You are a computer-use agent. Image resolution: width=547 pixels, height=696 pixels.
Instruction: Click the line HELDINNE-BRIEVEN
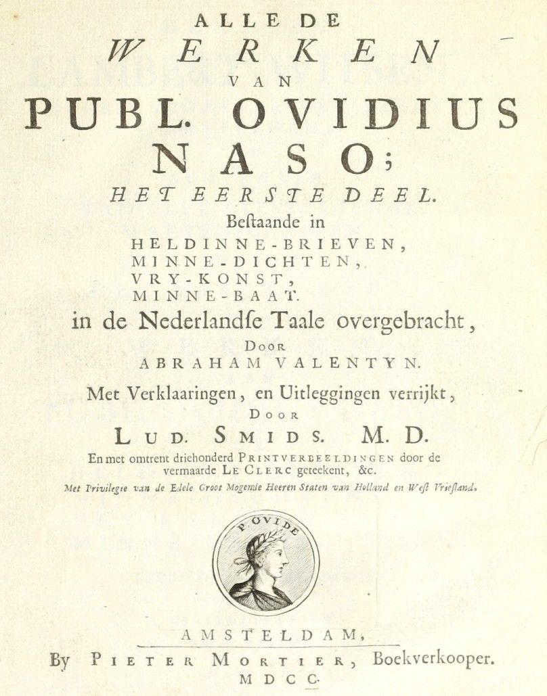267,244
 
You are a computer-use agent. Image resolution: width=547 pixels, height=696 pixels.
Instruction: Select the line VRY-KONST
218,277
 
